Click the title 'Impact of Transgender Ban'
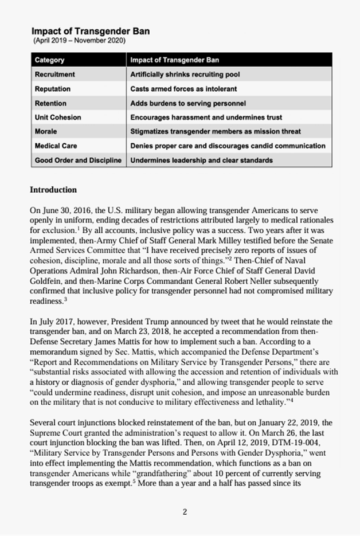coord(91,31)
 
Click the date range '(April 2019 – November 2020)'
coord(80,41)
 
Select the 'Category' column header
coord(50,60)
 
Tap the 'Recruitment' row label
coord(55,75)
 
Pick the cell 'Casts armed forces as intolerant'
coord(183,89)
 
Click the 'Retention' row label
coord(50,103)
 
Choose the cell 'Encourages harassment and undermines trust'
coord(206,118)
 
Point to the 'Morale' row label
coord(46,131)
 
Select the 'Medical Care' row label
coord(56,146)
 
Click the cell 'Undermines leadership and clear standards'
coord(201,160)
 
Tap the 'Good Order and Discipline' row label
coord(79,160)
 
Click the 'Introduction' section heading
coord(53,190)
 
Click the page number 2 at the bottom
coord(185,512)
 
